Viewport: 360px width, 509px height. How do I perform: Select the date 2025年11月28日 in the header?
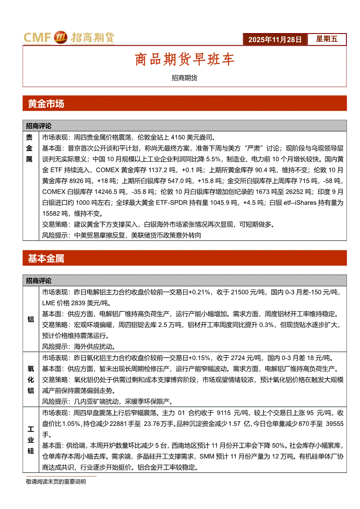click(275, 39)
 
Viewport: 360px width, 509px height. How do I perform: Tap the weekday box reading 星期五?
click(327, 39)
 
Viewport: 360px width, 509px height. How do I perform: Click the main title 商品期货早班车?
click(185, 60)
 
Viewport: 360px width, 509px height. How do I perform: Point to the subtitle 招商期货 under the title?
click(185, 78)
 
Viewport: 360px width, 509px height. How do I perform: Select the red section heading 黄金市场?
click(46, 104)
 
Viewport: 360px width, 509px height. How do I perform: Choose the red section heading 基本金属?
click(46, 259)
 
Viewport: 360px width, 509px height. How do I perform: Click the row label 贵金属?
click(31, 148)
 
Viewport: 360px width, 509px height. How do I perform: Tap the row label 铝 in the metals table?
click(31, 319)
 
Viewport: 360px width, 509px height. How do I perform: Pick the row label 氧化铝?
click(31, 379)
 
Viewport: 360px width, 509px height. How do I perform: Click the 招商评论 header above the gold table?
click(39, 125)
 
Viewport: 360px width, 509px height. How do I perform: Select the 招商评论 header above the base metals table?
click(39, 280)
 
